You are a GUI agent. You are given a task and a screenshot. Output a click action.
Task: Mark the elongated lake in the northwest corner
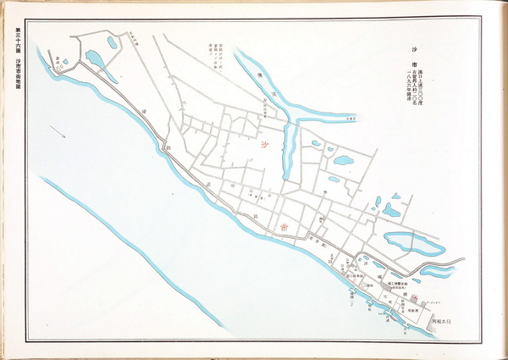(96, 59)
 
